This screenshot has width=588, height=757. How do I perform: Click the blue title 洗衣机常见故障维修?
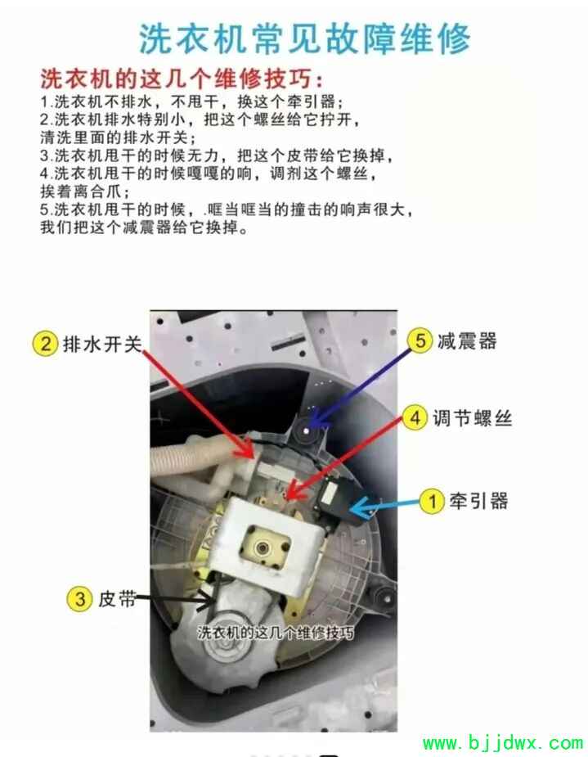tap(304, 38)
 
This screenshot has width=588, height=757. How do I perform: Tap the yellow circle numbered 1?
tap(431, 501)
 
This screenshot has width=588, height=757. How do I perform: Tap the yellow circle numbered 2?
tap(45, 344)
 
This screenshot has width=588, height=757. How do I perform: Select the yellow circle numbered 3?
tap(79, 599)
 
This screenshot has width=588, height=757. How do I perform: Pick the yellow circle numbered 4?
tap(415, 417)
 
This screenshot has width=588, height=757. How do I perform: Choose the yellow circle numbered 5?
tap(420, 340)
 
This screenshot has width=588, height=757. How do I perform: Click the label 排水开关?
tap(102, 345)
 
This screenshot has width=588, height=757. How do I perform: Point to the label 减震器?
tap(467, 340)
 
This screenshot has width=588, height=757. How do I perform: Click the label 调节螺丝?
tap(472, 418)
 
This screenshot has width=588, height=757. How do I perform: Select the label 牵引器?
tap(478, 501)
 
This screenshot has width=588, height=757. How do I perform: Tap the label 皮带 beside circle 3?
tap(117, 599)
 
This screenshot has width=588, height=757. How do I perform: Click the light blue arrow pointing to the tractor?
tap(384, 507)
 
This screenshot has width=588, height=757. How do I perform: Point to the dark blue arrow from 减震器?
tap(359, 388)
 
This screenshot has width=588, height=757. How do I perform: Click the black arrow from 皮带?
tap(176, 600)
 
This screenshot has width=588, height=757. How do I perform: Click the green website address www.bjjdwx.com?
tap(503, 742)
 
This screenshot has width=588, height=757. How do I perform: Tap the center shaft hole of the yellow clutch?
tap(264, 548)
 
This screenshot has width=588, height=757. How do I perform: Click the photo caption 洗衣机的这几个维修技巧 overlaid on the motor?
tap(276, 633)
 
